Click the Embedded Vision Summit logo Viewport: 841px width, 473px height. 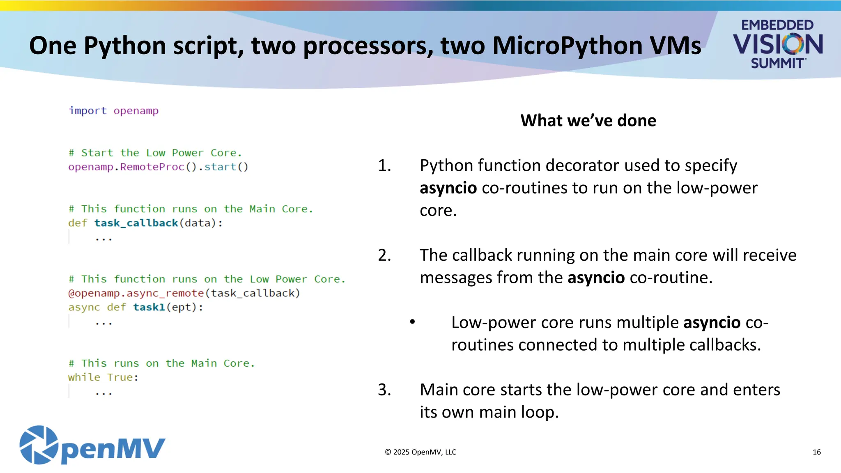coord(777,44)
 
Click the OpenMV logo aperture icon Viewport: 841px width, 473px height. coord(39,445)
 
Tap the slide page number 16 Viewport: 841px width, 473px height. coord(816,452)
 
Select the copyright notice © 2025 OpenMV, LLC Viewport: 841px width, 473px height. coord(420,452)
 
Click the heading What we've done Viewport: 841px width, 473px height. coord(588,121)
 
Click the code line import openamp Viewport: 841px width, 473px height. coord(113,111)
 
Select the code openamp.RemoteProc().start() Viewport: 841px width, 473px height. coord(158,167)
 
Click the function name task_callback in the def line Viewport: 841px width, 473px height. coord(136,223)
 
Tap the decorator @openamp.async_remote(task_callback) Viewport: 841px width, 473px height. coord(184,293)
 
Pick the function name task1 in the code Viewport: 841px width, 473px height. coord(149,307)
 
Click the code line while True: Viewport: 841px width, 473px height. coord(103,377)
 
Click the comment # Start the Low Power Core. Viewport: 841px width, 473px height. coord(155,153)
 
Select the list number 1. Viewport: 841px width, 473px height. coord(384,165)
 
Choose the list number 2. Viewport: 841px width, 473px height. coord(384,255)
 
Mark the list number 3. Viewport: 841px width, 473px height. coord(384,390)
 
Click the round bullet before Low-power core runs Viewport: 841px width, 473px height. coord(413,322)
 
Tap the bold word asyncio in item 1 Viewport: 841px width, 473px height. coord(448,188)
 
